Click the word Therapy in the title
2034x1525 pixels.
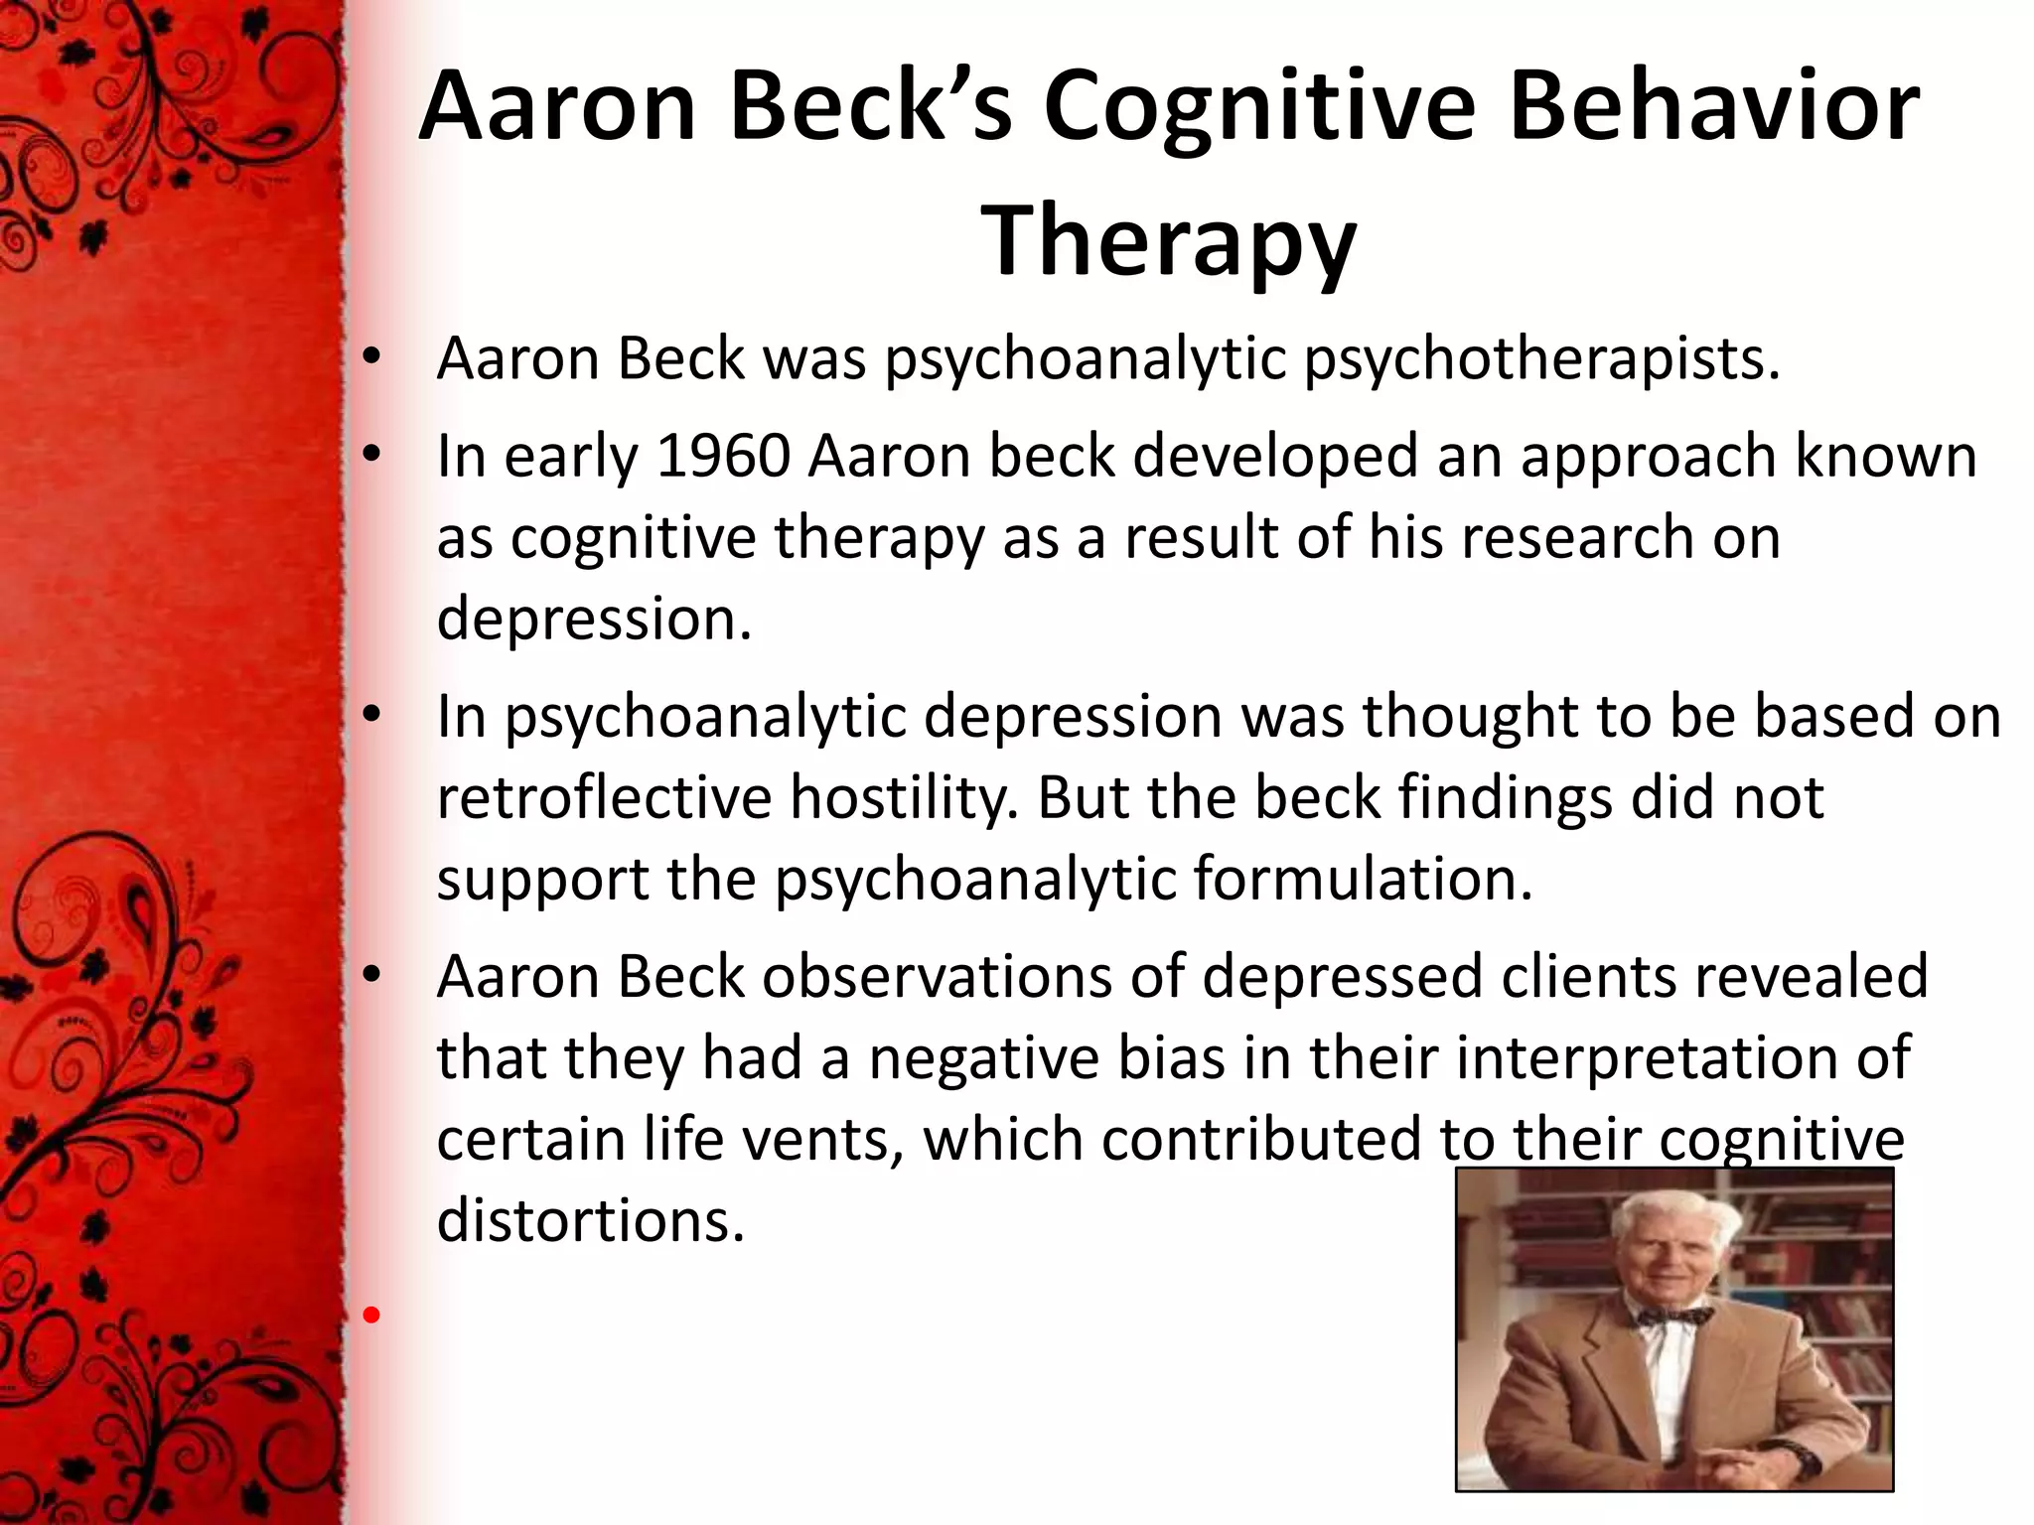click(1169, 241)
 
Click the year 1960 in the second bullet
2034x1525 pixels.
click(723, 457)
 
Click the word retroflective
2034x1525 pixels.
click(604, 797)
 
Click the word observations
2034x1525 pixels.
click(937, 976)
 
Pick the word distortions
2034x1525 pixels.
click(590, 1220)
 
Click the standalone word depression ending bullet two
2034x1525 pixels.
click(594, 619)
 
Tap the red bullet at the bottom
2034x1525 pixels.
click(371, 1317)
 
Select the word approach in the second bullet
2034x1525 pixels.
click(1647, 457)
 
